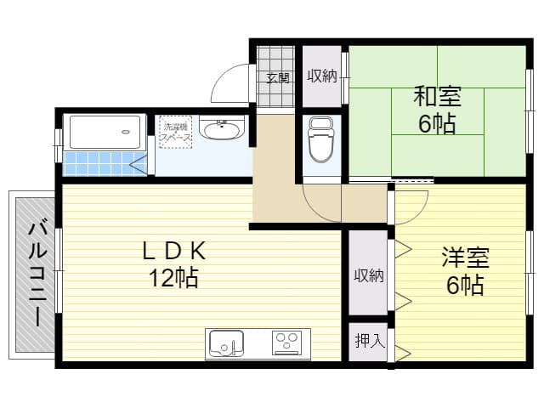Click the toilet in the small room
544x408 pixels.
(320, 141)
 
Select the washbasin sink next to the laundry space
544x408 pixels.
(222, 130)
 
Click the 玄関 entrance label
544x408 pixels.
(277, 77)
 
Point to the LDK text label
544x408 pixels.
(174, 250)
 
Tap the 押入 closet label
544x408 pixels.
(368, 342)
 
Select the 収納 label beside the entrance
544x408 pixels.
(322, 76)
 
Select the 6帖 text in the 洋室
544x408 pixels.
(464, 285)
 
